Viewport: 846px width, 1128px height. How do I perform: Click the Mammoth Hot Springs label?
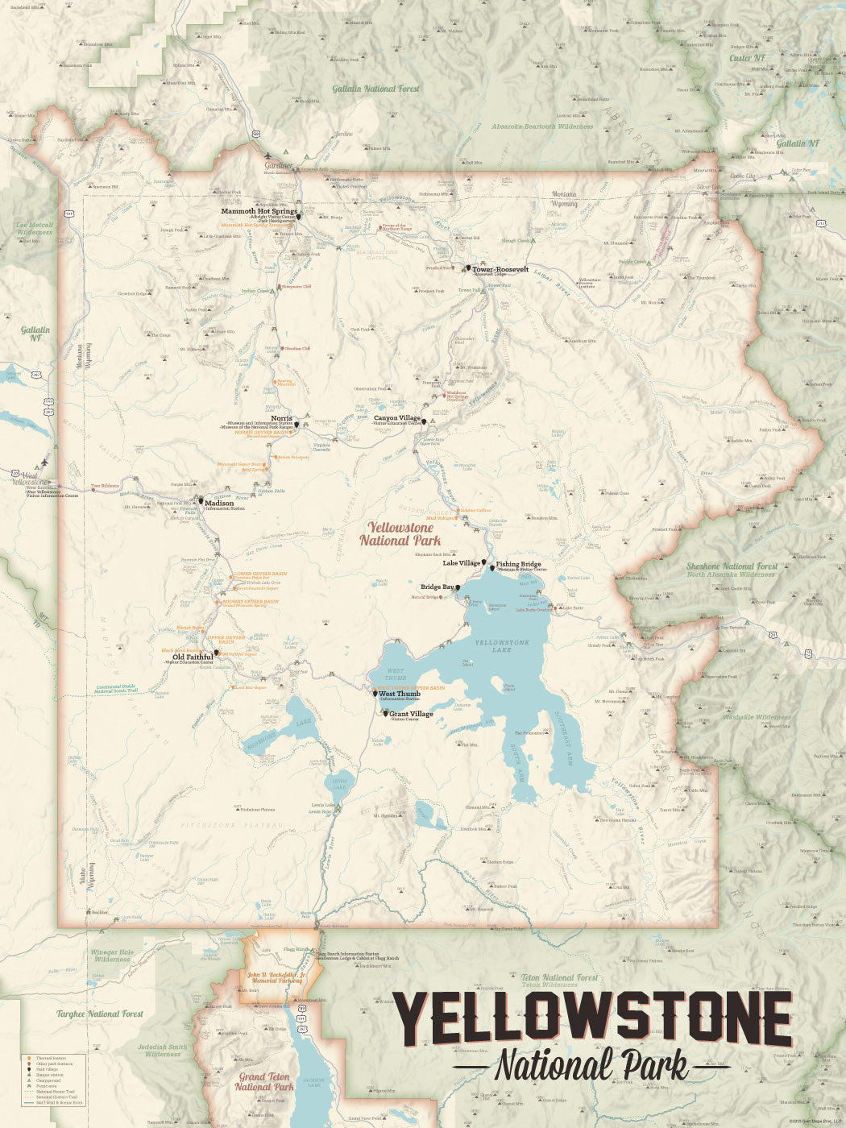[259, 212]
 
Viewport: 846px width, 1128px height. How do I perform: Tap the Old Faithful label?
[193, 657]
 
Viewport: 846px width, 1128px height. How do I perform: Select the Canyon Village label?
[396, 418]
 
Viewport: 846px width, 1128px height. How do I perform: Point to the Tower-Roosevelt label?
[500, 269]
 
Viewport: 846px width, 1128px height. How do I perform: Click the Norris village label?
[281, 418]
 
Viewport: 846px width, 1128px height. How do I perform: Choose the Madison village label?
[219, 503]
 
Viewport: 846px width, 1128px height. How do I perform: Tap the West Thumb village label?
[399, 694]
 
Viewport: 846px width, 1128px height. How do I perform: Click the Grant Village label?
[411, 714]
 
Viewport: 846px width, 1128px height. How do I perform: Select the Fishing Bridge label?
[518, 564]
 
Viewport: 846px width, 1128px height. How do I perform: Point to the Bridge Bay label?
[437, 587]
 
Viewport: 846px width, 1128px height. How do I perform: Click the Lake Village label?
[461, 563]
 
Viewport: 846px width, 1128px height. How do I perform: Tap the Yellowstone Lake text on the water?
[501, 645]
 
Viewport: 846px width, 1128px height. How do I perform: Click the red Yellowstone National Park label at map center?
[400, 534]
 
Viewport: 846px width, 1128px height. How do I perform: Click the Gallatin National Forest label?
[375, 89]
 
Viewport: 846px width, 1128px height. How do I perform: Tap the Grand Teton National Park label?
[263, 1081]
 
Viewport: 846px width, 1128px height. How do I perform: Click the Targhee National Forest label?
[99, 1014]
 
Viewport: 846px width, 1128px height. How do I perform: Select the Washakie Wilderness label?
[756, 716]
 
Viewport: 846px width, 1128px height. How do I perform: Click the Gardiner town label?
[279, 165]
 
